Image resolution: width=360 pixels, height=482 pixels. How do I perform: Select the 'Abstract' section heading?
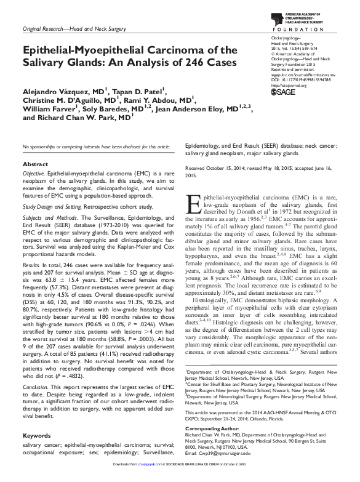35,165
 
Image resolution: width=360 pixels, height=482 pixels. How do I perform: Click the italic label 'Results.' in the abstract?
31,262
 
